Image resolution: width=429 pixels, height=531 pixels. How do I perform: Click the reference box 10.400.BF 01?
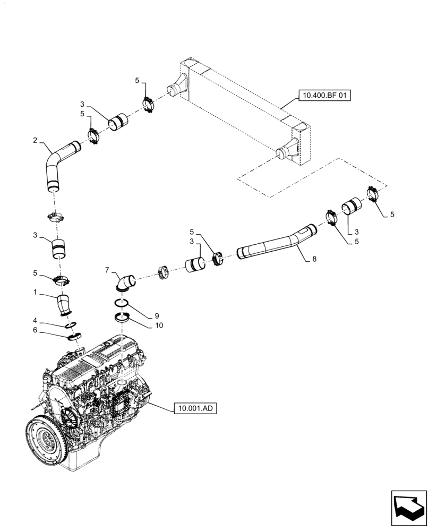[x=324, y=96]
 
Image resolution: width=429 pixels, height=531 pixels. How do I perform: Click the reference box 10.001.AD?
[x=195, y=408]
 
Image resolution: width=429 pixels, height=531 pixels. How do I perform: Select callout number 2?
[x=35, y=141]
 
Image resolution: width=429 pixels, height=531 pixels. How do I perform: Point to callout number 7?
[x=107, y=271]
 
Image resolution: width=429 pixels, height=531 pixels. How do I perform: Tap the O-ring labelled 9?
[x=121, y=304]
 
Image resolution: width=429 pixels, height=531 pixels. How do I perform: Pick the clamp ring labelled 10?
[x=122, y=319]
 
